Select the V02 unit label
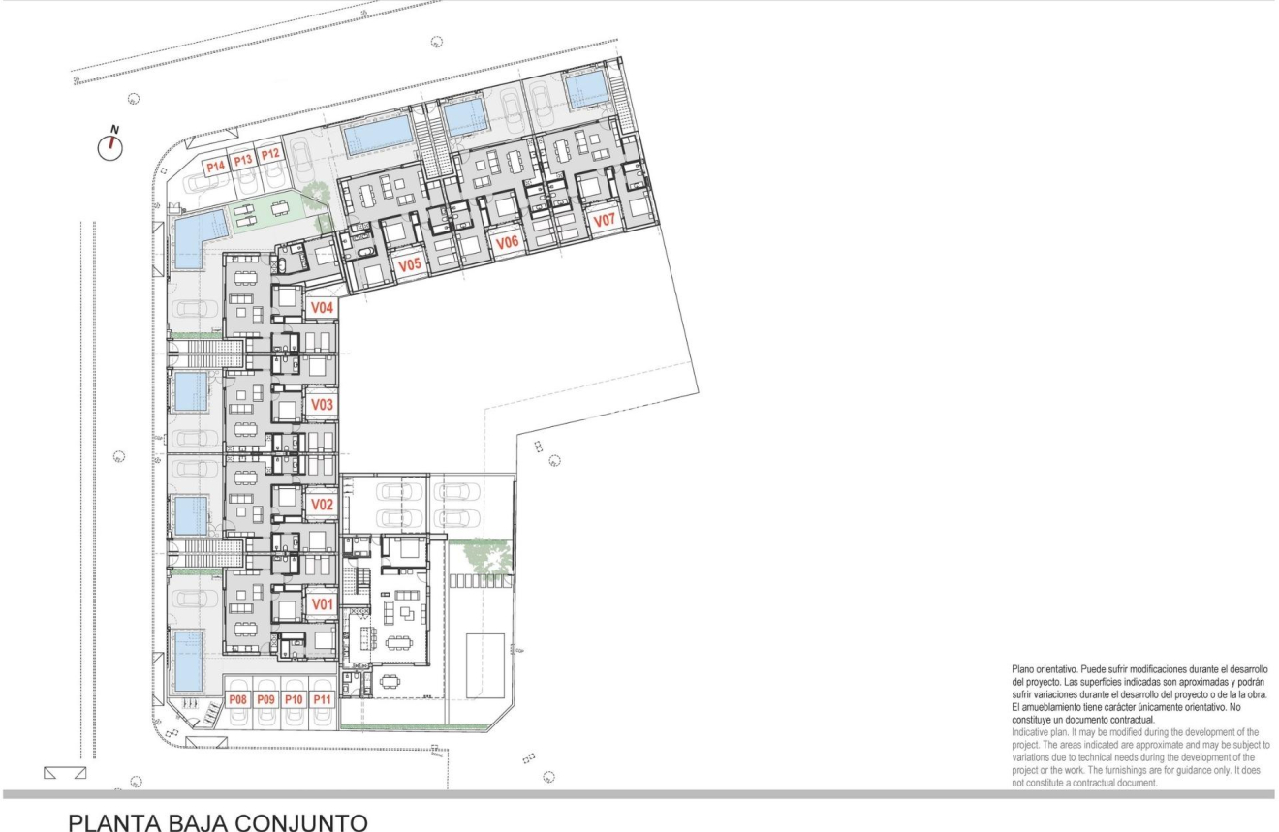[323, 505]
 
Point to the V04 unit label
[323, 308]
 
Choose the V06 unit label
[507, 243]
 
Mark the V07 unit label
[605, 221]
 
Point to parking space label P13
[242, 160]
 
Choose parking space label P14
[215, 166]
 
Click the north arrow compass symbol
[113, 145]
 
